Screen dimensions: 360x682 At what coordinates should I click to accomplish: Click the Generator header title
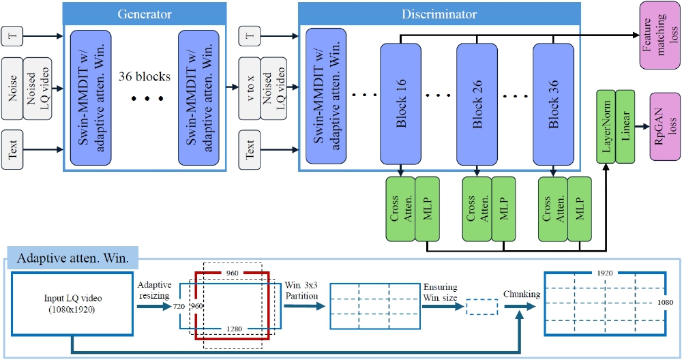click(144, 14)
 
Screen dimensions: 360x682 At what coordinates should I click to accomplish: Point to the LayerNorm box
click(606, 126)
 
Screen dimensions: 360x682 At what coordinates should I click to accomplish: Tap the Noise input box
click(12, 89)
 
